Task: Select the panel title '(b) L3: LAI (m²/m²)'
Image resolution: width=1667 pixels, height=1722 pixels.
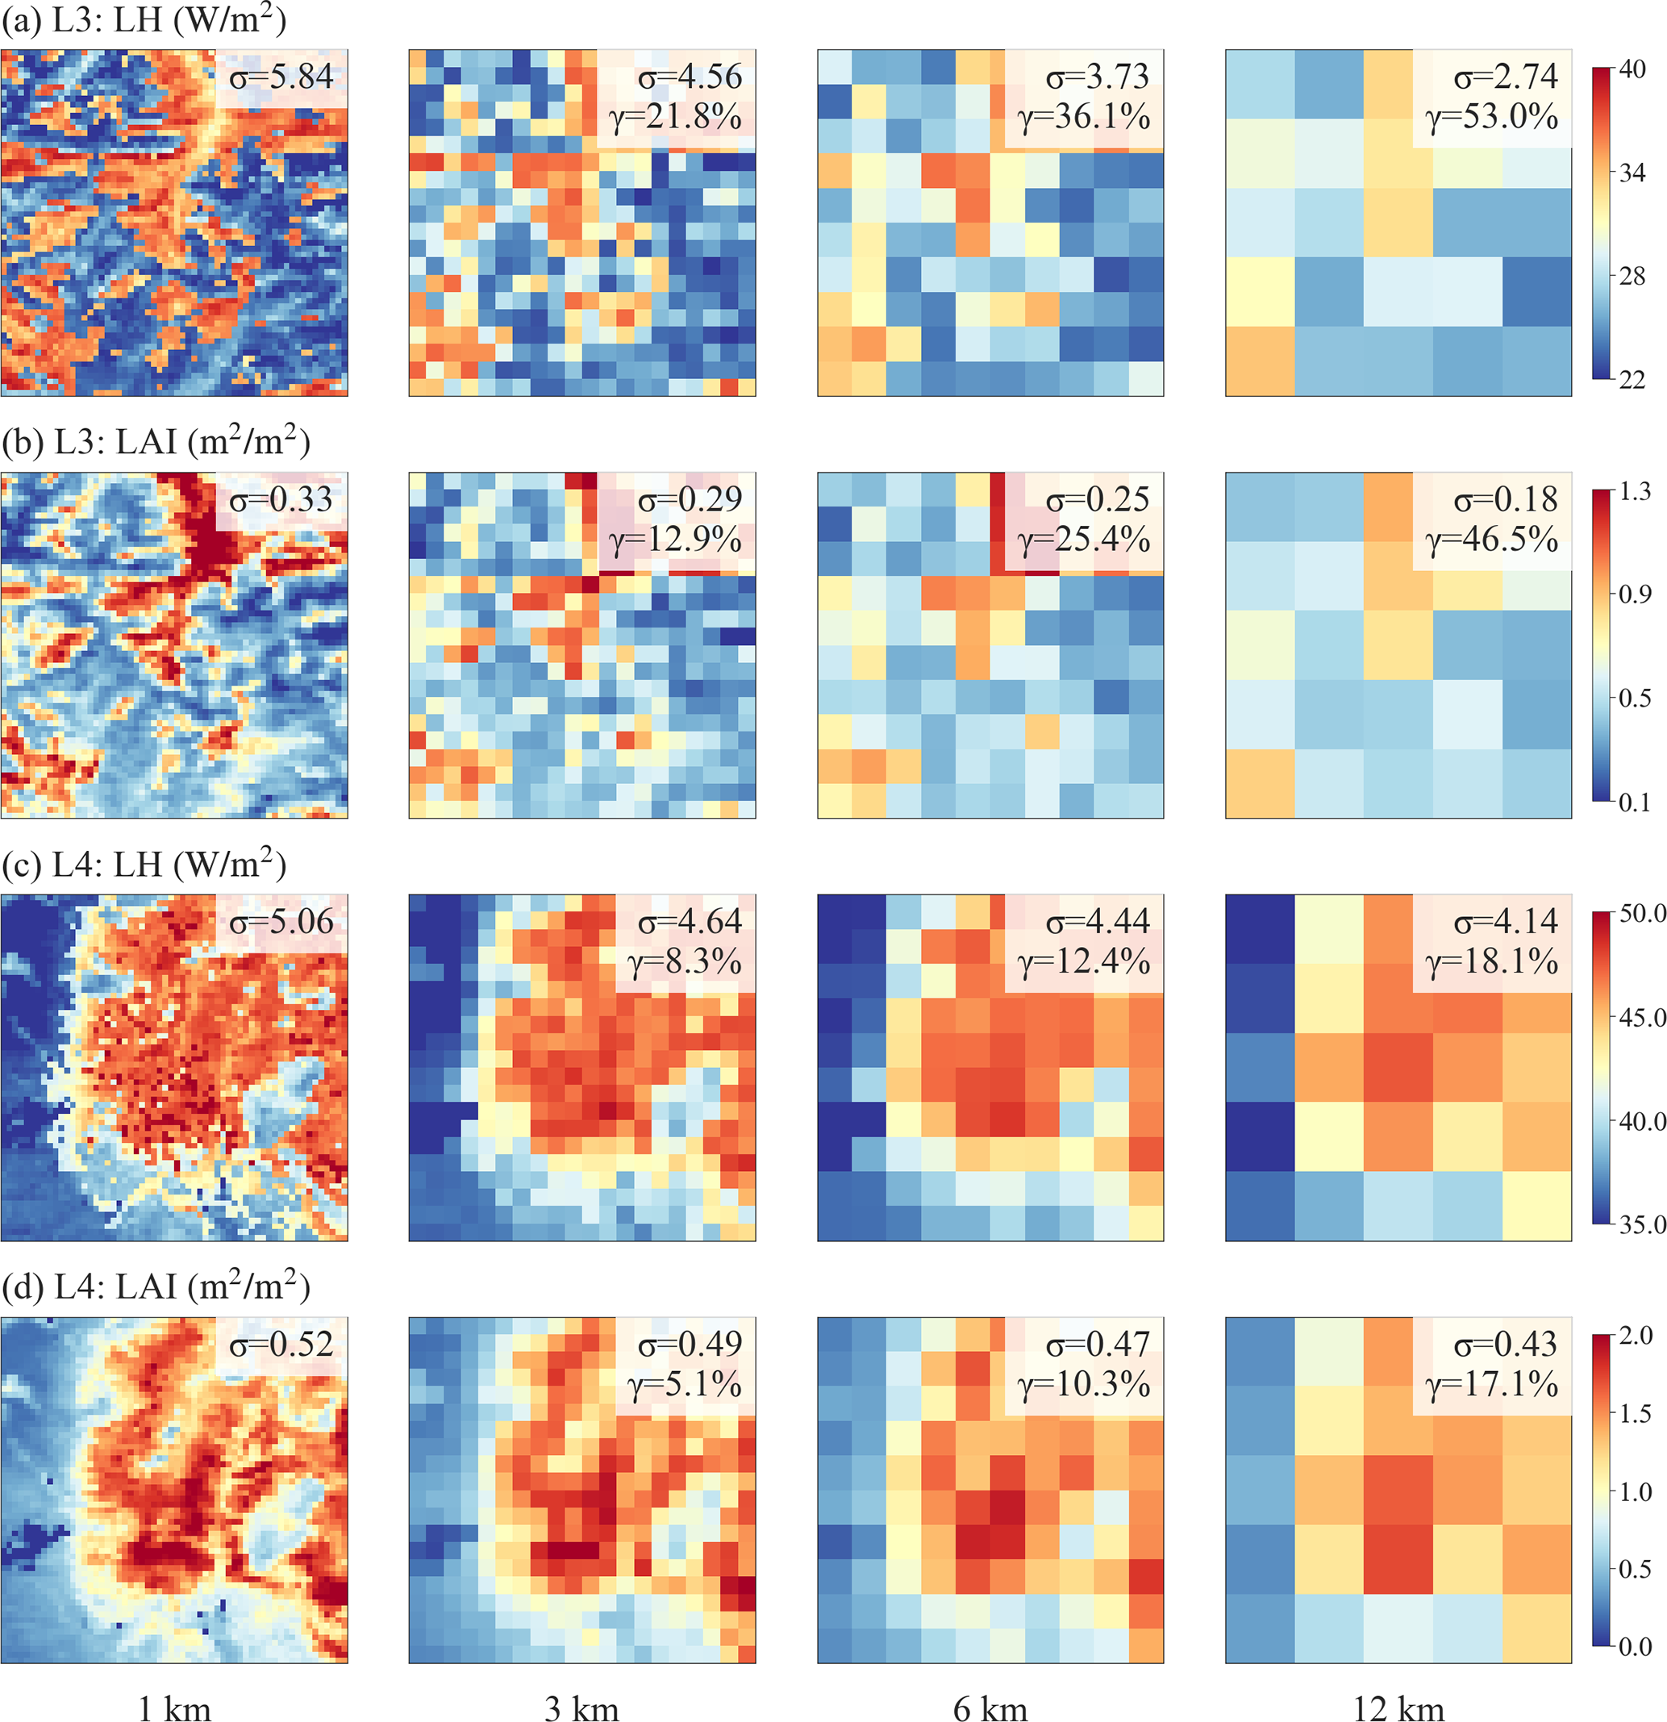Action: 156,442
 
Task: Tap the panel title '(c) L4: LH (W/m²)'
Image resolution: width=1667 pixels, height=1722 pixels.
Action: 144,865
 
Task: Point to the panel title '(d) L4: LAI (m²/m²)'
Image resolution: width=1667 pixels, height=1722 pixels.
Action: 156,1287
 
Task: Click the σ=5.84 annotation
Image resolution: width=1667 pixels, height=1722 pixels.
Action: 281,77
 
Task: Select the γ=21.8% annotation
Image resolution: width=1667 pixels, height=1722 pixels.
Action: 677,117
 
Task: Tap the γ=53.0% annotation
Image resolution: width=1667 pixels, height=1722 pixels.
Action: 1492,117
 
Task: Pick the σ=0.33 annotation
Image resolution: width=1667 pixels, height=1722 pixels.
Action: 281,500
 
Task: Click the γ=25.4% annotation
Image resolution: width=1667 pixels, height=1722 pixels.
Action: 1085,540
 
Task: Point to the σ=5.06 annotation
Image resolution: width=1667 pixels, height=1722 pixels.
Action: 281,922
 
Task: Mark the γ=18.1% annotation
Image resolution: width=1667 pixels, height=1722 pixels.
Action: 1492,961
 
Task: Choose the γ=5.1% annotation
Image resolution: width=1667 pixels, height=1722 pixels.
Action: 685,1385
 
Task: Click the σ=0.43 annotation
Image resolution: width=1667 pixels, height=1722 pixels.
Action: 1506,1345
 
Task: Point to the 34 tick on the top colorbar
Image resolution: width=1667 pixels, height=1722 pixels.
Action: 1632,173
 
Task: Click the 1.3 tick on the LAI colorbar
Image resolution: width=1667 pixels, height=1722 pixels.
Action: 1635,491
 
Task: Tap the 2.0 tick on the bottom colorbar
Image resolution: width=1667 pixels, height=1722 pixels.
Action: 1636,1336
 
